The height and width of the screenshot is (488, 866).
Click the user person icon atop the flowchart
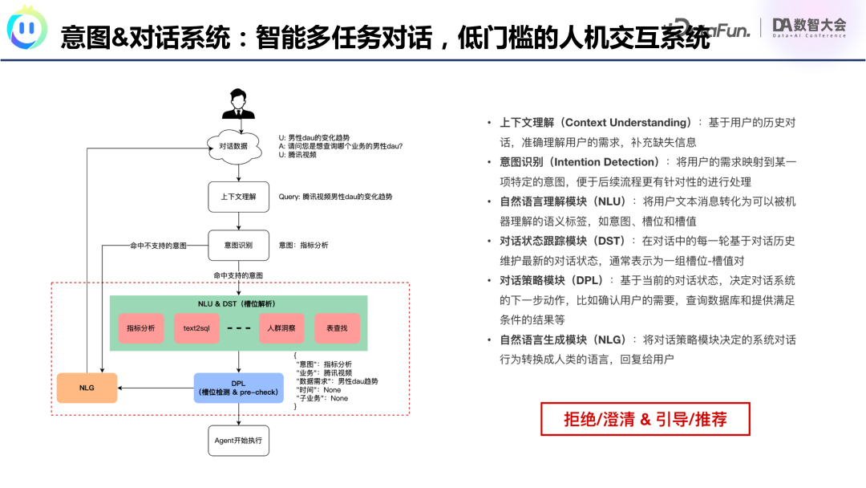click(x=238, y=105)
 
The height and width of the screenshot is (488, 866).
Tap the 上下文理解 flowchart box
click(x=238, y=197)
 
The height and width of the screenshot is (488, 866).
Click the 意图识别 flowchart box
click(x=238, y=245)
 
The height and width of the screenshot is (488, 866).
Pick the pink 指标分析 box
click(x=140, y=328)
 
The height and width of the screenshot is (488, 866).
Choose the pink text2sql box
click(x=196, y=328)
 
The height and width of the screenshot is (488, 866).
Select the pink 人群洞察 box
click(x=281, y=328)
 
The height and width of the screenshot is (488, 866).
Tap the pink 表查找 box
click(x=337, y=328)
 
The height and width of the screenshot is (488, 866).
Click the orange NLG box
click(x=87, y=388)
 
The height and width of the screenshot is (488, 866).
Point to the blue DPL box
click(x=238, y=388)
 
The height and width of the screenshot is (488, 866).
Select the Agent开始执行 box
click(x=238, y=441)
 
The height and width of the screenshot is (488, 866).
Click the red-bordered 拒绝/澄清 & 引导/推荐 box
click(x=633, y=419)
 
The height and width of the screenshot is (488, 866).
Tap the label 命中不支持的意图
click(x=159, y=245)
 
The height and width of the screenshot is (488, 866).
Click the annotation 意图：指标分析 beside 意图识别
click(x=303, y=245)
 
